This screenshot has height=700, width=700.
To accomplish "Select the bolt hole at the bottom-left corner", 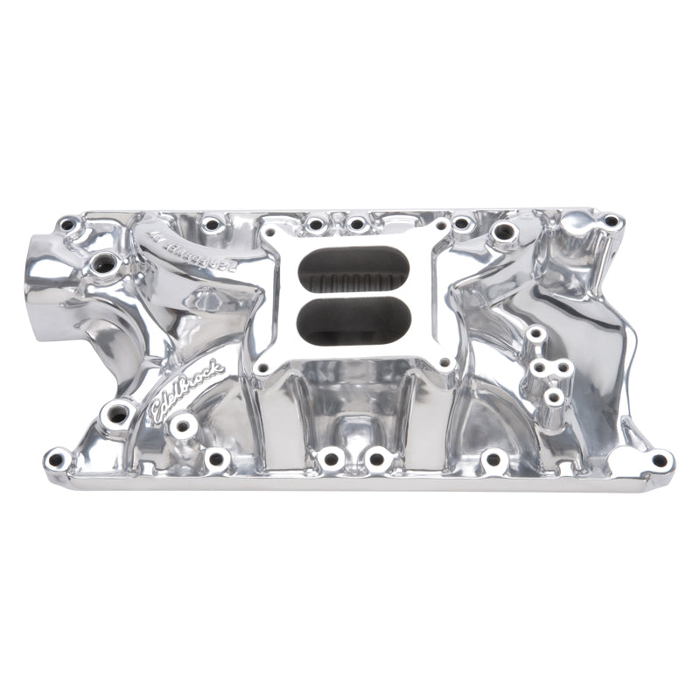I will click(x=59, y=457).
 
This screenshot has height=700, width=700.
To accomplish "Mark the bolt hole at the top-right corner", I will click(x=611, y=221).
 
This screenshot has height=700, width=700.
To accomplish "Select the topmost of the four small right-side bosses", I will click(x=535, y=334).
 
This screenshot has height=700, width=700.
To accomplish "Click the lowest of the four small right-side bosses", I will click(x=553, y=398).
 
